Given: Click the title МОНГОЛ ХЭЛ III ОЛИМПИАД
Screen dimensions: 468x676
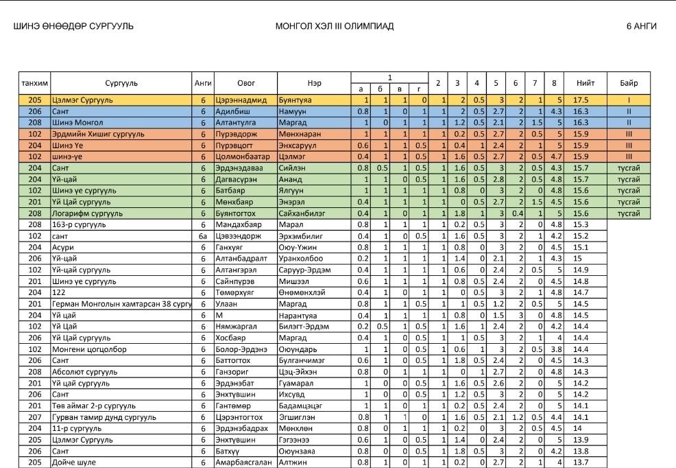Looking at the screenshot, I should point(334,27).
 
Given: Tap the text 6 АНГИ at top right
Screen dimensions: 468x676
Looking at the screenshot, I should point(641,27).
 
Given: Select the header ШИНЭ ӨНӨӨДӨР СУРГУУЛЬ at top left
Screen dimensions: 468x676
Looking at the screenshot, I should point(73,27).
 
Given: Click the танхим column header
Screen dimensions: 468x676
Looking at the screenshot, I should point(34,83).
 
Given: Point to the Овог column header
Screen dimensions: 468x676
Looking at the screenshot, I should point(245,83).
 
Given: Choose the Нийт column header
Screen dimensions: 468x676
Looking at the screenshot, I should point(585,83).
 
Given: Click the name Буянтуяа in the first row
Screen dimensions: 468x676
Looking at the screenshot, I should point(295,100).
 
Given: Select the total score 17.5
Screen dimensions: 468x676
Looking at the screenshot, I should point(582,100).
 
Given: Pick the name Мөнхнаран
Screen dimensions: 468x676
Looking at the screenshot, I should point(300,134).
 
